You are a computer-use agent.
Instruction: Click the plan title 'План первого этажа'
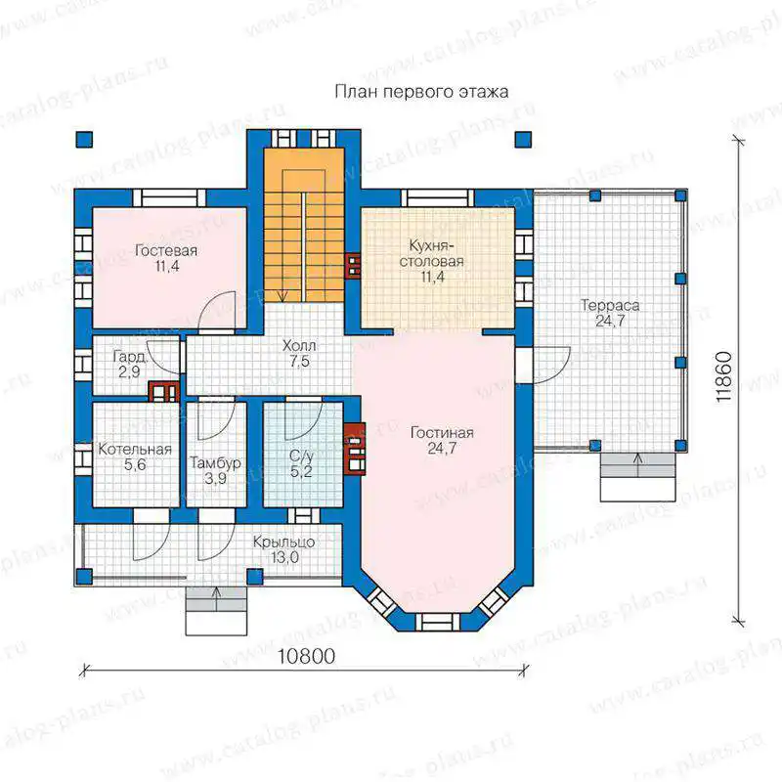(421, 92)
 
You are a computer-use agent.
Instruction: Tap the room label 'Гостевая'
(166, 250)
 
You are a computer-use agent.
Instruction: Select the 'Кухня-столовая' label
(431, 253)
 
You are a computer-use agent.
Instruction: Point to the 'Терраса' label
(610, 305)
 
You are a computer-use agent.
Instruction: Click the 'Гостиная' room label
(442, 432)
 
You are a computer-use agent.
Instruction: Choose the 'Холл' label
(299, 346)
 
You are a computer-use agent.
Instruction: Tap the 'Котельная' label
(135, 449)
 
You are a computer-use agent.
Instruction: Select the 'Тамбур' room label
(215, 463)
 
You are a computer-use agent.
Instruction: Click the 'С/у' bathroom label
(301, 456)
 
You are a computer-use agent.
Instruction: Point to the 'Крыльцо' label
(283, 542)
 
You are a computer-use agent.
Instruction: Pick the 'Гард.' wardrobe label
(130, 356)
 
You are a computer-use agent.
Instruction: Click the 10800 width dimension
(306, 656)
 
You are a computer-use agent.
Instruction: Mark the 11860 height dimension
(723, 377)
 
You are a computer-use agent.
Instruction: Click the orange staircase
(304, 225)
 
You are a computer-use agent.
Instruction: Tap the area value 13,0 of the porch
(284, 557)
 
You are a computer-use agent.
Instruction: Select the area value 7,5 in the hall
(300, 361)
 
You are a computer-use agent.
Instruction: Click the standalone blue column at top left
(84, 140)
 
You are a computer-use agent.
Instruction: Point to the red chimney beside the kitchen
(354, 265)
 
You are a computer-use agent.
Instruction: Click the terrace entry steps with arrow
(638, 477)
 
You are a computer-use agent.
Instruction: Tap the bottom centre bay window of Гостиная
(437, 622)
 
